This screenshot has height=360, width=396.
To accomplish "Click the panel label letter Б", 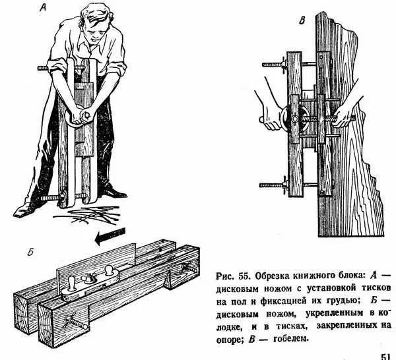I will tap(30, 251).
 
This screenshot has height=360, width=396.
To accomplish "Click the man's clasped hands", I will tap(84, 116).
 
